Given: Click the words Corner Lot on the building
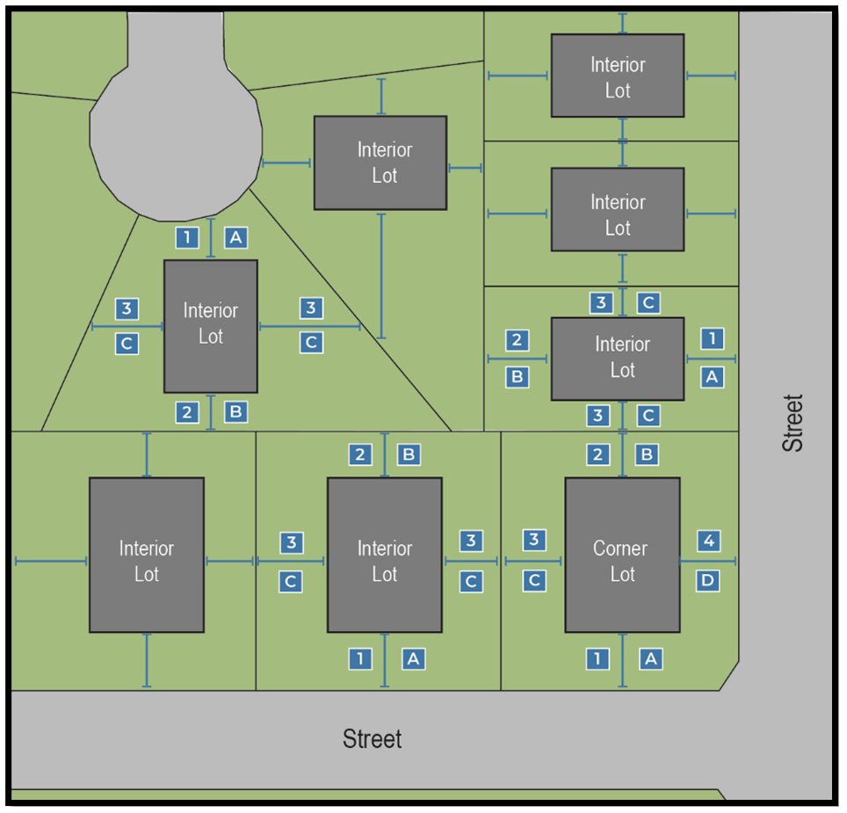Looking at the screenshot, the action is point(622,561).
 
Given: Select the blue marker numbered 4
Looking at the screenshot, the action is point(709,541).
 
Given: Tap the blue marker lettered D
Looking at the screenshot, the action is point(709,580).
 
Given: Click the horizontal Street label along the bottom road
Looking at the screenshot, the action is point(373,739).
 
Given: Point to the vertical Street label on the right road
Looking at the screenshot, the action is point(793,423).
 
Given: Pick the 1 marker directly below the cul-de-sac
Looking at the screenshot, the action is point(187,236).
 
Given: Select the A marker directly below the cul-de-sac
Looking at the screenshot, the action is point(235,236).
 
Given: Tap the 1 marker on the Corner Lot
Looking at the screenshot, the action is point(597,658).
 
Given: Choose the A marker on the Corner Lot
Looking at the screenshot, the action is point(650,658).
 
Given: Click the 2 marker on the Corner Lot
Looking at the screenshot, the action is point(598,454).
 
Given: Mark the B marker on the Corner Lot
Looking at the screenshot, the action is point(648,454).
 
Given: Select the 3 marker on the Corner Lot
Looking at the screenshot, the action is point(533,541).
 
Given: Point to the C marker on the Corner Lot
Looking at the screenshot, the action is point(533,580).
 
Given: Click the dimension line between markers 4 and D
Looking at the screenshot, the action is point(708,561).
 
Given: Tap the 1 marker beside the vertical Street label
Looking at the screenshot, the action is point(712,338).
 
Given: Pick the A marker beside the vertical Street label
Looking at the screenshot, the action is point(712,377).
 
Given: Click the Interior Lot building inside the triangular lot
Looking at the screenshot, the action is point(211,325).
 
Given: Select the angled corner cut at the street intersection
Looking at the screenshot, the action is point(729,677).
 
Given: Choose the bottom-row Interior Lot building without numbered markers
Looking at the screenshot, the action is point(147,555).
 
